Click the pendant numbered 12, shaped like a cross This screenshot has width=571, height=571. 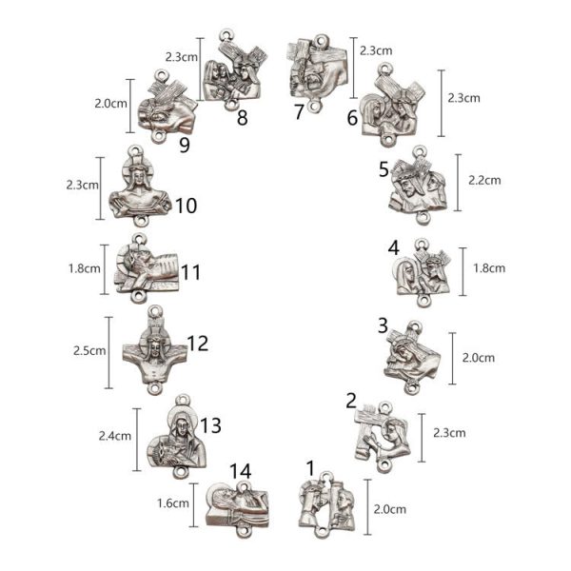(152, 357)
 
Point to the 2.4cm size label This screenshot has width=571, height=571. (112, 435)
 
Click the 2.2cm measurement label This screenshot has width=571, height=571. (483, 179)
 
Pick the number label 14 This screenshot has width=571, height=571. (240, 471)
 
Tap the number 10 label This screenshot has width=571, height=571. (185, 206)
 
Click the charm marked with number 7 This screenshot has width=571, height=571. (313, 69)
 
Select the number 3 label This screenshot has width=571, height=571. (383, 325)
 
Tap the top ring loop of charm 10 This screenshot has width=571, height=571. (136, 151)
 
